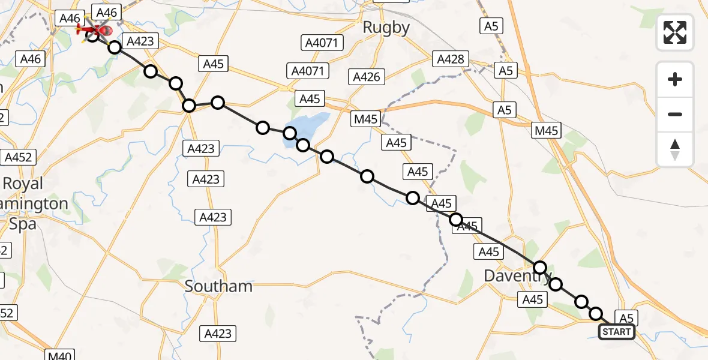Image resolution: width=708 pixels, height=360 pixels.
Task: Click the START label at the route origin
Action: (x=616, y=332)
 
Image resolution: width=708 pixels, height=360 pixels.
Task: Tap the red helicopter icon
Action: (x=96, y=29)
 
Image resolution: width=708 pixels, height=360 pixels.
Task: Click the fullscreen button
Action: (x=675, y=32)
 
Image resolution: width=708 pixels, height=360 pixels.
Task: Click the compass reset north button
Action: (x=675, y=149)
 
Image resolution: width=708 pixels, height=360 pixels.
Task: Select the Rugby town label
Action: (x=386, y=28)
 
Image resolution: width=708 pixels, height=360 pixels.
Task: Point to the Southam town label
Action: (x=218, y=286)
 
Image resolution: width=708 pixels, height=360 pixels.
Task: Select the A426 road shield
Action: (x=366, y=77)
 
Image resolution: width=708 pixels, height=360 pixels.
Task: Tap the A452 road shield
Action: (x=19, y=157)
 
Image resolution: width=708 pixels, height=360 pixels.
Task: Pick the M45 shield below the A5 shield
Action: (x=546, y=130)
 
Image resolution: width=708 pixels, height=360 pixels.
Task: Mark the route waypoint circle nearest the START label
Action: (x=596, y=314)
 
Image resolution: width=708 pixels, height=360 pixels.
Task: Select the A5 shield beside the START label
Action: (x=626, y=318)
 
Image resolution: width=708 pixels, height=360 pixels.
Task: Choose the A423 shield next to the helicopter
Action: (x=140, y=41)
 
